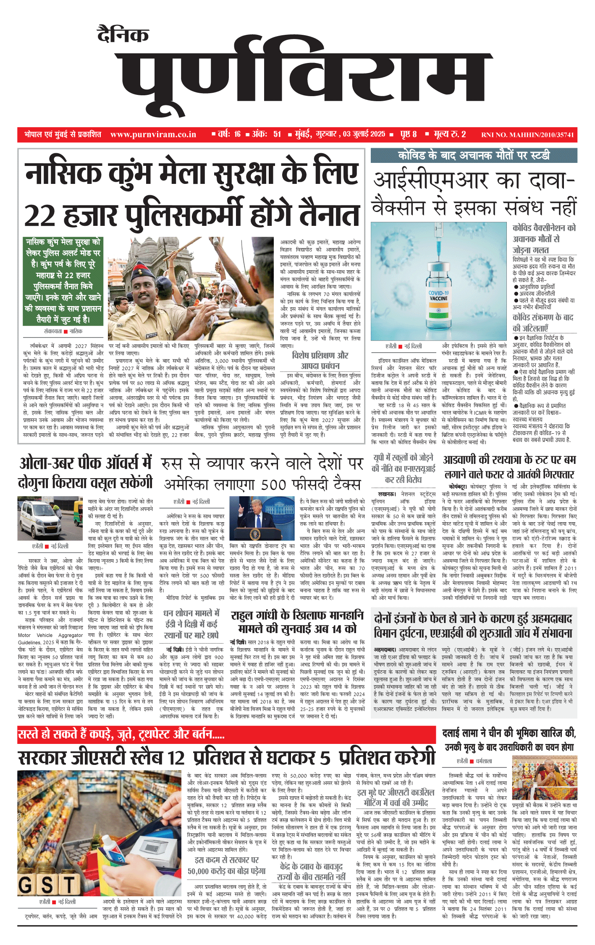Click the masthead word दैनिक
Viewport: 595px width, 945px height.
[123, 35]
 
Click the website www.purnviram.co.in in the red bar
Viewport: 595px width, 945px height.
[153, 134]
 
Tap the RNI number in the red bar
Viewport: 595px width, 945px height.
[527, 135]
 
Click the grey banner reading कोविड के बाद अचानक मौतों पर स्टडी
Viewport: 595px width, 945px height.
[474, 155]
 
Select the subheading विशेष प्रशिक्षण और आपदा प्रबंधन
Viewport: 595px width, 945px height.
[320, 360]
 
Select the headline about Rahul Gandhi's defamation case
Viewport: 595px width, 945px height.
[297, 622]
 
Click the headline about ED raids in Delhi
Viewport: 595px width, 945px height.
[191, 624]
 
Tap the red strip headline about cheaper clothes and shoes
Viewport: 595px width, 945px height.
[122, 734]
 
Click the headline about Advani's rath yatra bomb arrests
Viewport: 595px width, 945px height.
[509, 467]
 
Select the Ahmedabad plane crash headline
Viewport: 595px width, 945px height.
[473, 626]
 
